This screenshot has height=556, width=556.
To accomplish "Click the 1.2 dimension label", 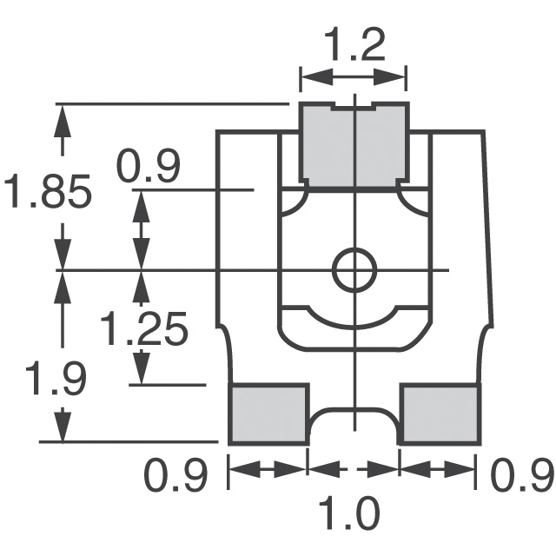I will [x=354, y=45].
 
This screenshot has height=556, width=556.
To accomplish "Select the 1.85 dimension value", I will [x=48, y=192].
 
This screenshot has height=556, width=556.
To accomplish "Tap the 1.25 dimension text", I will [x=144, y=329].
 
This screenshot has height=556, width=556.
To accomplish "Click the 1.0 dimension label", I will [x=354, y=514].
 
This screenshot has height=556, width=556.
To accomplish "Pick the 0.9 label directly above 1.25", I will [x=149, y=167].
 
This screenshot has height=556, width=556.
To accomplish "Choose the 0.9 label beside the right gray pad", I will [x=522, y=476].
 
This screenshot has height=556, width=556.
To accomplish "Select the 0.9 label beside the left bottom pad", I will [x=176, y=476].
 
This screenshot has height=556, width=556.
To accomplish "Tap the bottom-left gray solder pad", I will [x=269, y=414].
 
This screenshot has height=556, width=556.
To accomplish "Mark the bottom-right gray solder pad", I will [x=440, y=414].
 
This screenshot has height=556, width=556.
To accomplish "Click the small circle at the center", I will [x=354, y=270].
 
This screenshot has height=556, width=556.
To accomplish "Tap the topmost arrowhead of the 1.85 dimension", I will [x=61, y=117].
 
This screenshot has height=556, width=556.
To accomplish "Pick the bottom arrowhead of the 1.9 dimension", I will [x=61, y=430].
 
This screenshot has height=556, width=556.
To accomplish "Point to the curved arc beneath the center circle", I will [x=354, y=318].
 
